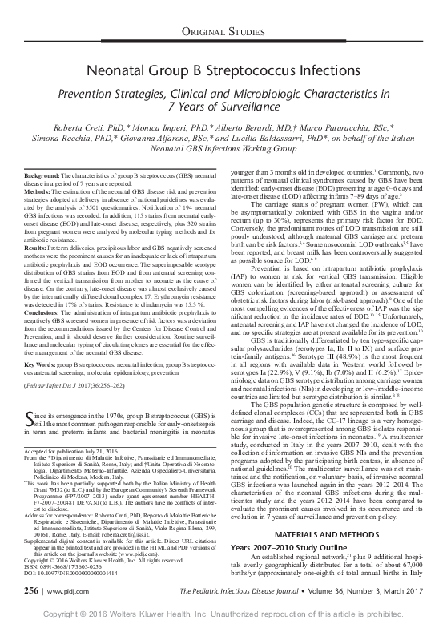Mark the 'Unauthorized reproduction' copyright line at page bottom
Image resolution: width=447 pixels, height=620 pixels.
coord(223,611)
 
